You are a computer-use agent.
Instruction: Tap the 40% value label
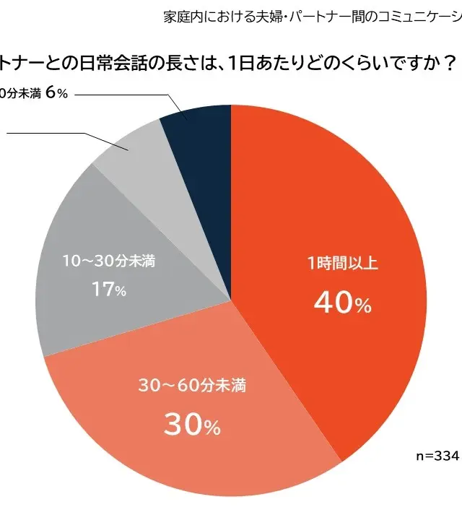[x=342, y=305]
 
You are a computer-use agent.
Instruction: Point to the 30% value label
[x=192, y=426]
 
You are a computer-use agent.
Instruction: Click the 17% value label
[x=109, y=290]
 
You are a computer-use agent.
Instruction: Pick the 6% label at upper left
[x=56, y=95]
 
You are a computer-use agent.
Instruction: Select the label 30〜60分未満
[x=192, y=386]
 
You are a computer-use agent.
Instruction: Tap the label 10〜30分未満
[x=109, y=259]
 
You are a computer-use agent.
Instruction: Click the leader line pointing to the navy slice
[x=115, y=95]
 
